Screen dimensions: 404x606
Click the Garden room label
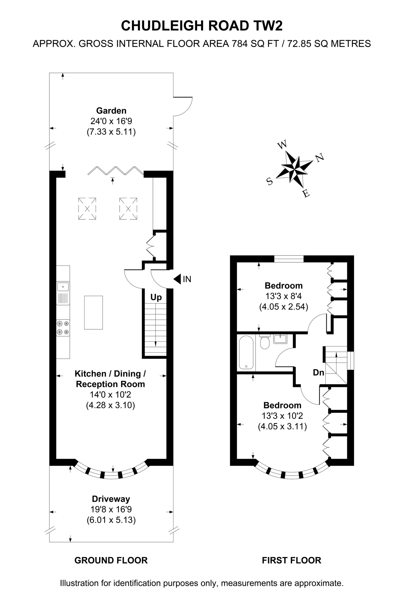(x=111, y=111)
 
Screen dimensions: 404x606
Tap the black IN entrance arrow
(x=177, y=279)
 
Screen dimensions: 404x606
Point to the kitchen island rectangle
(x=94, y=312)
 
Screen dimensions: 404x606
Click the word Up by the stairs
(x=156, y=298)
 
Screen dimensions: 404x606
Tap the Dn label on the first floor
(x=319, y=372)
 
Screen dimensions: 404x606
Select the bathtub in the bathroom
(x=246, y=352)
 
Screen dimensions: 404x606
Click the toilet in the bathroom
(x=265, y=342)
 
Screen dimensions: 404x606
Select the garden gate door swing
(x=183, y=107)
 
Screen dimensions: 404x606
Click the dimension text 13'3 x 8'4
(x=283, y=296)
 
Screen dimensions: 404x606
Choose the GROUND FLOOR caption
(x=111, y=560)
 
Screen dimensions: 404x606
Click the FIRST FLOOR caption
(x=292, y=560)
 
